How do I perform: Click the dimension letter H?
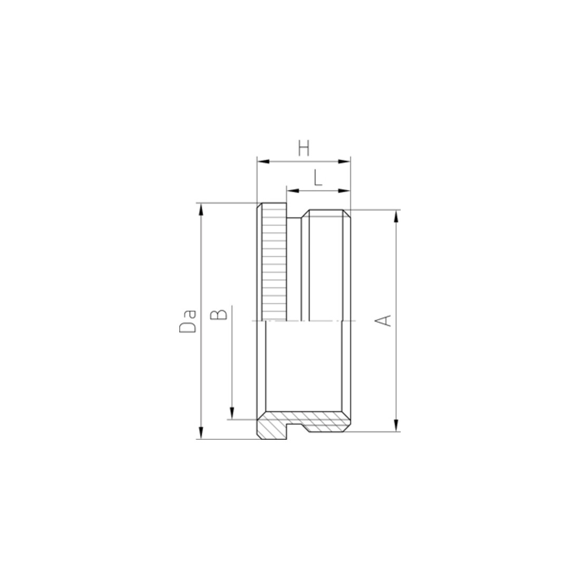(304, 148)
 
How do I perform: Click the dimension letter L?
(318, 178)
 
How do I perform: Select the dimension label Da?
(188, 322)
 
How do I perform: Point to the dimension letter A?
(383, 321)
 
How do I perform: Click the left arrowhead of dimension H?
(263, 162)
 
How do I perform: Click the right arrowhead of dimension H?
(344, 162)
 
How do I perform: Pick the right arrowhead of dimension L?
(344, 191)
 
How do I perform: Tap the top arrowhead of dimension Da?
(201, 209)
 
